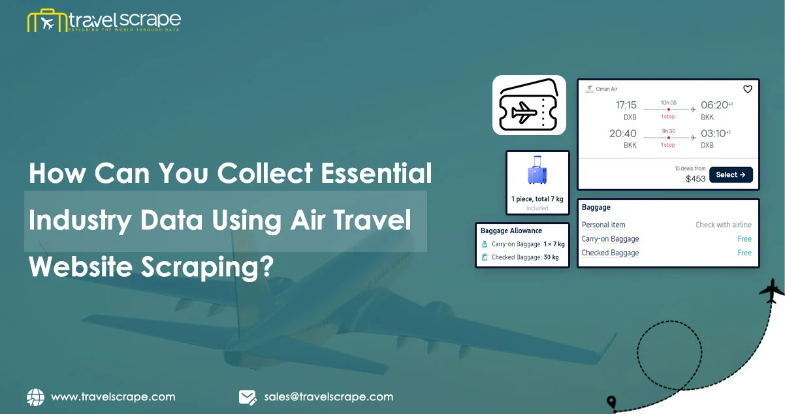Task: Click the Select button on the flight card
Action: (730, 175)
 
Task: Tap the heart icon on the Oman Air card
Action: (748, 89)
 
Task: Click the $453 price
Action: (695, 178)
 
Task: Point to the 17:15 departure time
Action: (626, 105)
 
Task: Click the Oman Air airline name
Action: (607, 89)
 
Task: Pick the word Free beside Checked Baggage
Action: (745, 253)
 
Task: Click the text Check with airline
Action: (724, 225)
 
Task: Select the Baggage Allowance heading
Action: (511, 231)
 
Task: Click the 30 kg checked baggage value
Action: (551, 257)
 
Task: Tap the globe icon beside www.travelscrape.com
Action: (35, 397)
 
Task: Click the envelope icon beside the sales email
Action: (248, 397)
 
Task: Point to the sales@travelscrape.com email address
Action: (328, 397)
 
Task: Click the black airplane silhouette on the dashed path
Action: (771, 291)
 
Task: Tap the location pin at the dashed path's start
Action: (611, 401)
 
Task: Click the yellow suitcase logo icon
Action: (47, 21)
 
